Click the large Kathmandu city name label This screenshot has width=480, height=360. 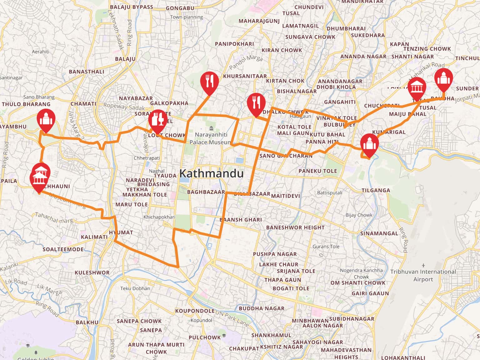[x=212, y=173]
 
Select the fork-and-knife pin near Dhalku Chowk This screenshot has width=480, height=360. [x=256, y=103]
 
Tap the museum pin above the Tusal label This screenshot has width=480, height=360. [x=417, y=88]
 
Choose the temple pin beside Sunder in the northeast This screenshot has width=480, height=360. [x=444, y=79]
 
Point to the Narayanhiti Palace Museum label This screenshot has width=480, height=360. [x=210, y=138]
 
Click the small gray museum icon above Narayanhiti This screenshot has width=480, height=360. [x=211, y=128]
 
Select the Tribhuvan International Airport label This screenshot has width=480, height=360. [x=423, y=275]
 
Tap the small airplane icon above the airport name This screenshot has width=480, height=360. [x=423, y=265]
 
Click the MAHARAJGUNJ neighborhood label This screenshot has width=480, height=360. [x=259, y=21]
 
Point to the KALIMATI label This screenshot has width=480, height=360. [x=94, y=237]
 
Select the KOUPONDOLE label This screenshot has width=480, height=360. [x=195, y=311]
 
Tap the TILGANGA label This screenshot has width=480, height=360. [x=376, y=190]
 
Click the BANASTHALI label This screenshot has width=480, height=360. [x=87, y=72]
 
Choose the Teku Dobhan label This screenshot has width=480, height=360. [x=135, y=288]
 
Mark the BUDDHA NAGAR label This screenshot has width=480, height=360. [x=262, y=308]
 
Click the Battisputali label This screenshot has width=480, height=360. [x=330, y=192]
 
